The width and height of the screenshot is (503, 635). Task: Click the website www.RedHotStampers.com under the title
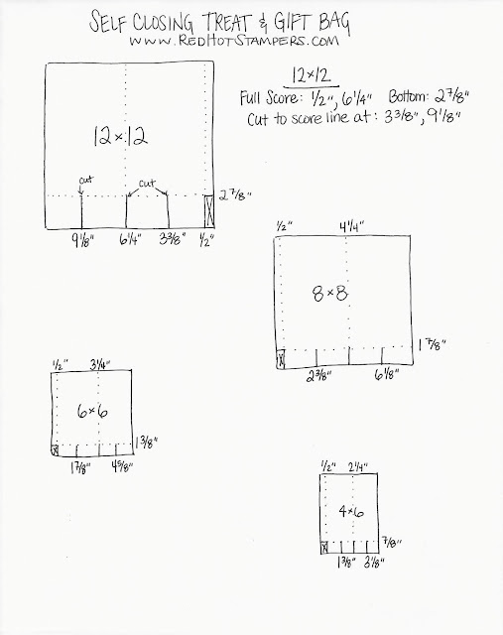coord(234,41)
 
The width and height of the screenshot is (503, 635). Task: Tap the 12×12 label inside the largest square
coord(120,136)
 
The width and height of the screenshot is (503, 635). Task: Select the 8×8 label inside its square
coord(330,293)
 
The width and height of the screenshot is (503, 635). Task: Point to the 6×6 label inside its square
coord(92,412)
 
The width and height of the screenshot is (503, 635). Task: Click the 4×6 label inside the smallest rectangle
coord(351,512)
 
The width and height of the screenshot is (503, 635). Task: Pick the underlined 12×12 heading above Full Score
coord(312,75)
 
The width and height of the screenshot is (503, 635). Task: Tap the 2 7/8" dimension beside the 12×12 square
coord(236,196)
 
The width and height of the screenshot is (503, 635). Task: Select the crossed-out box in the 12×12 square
coord(209,211)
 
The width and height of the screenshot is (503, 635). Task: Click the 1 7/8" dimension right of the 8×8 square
coord(432,345)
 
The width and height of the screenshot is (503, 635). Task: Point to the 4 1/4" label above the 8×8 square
coord(351,227)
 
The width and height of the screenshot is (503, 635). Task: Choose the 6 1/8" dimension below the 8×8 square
coord(387,375)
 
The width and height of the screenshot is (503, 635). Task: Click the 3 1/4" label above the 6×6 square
coord(99,365)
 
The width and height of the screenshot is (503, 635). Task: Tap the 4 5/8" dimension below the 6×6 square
coord(122,467)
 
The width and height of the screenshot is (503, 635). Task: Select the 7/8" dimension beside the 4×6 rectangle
coord(393,543)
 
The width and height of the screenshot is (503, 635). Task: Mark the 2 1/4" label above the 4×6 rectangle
coord(358,467)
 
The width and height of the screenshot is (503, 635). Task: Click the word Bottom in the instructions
coord(408,97)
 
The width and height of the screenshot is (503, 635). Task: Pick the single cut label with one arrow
coord(86,180)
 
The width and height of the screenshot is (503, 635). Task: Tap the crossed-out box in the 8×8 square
coord(281,359)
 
